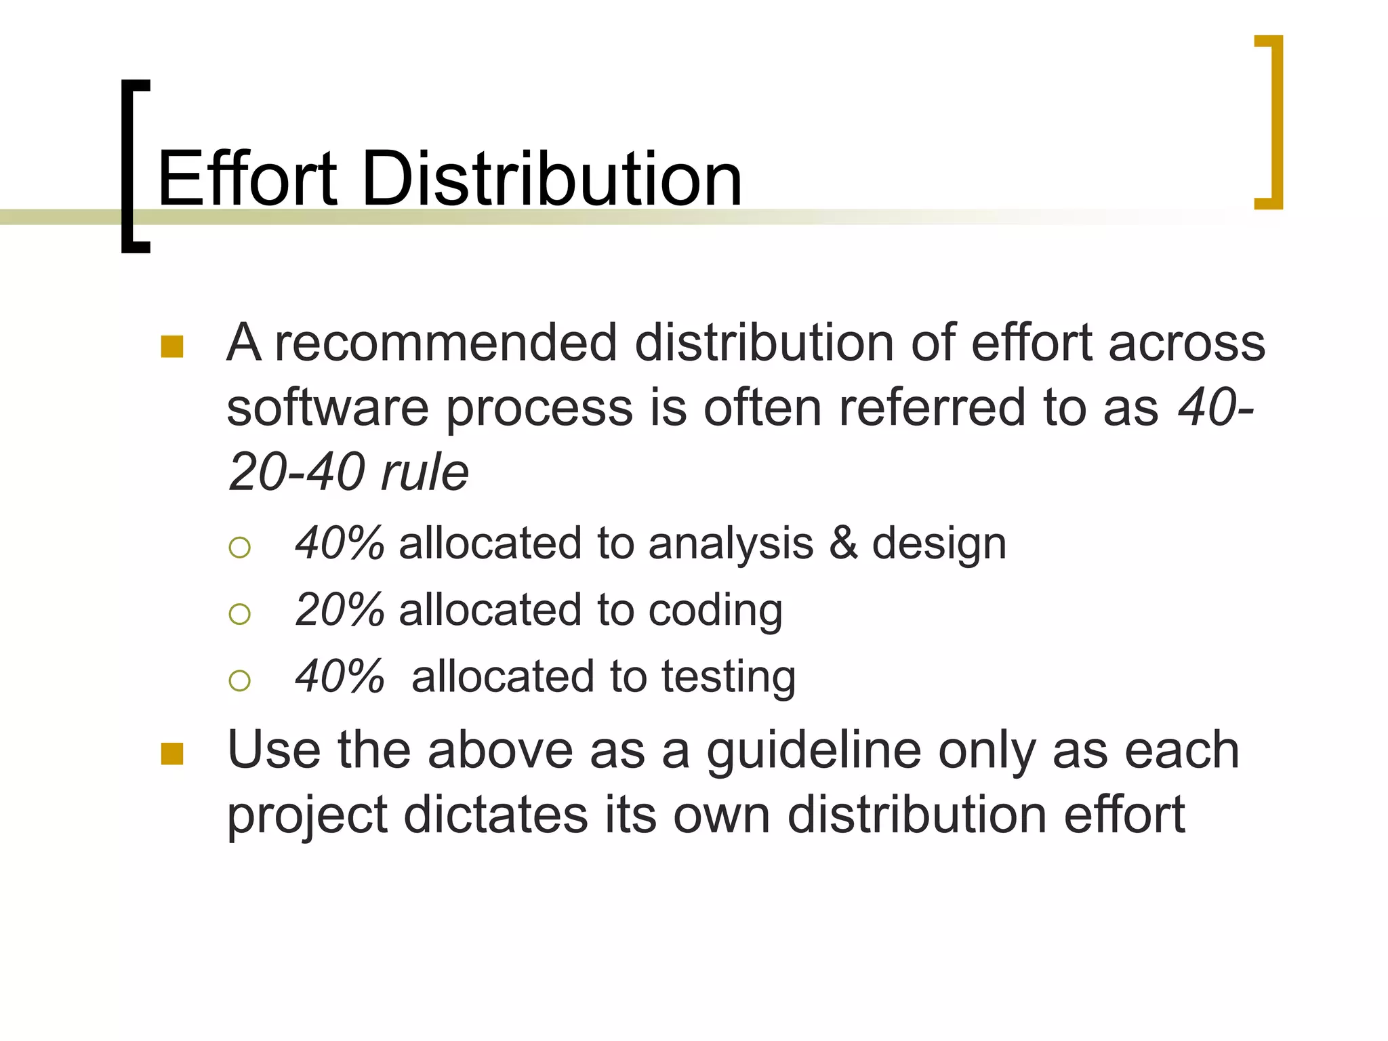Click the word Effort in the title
tap(247, 179)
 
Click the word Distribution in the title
tap(552, 179)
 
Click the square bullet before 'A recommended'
tap(172, 346)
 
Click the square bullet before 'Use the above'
tap(172, 754)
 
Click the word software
tap(327, 408)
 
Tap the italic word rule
tap(425, 472)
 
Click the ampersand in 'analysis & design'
tap(843, 544)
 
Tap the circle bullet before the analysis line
tap(240, 547)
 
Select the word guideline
tap(813, 751)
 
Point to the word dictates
tap(496, 815)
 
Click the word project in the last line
tap(307, 816)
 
